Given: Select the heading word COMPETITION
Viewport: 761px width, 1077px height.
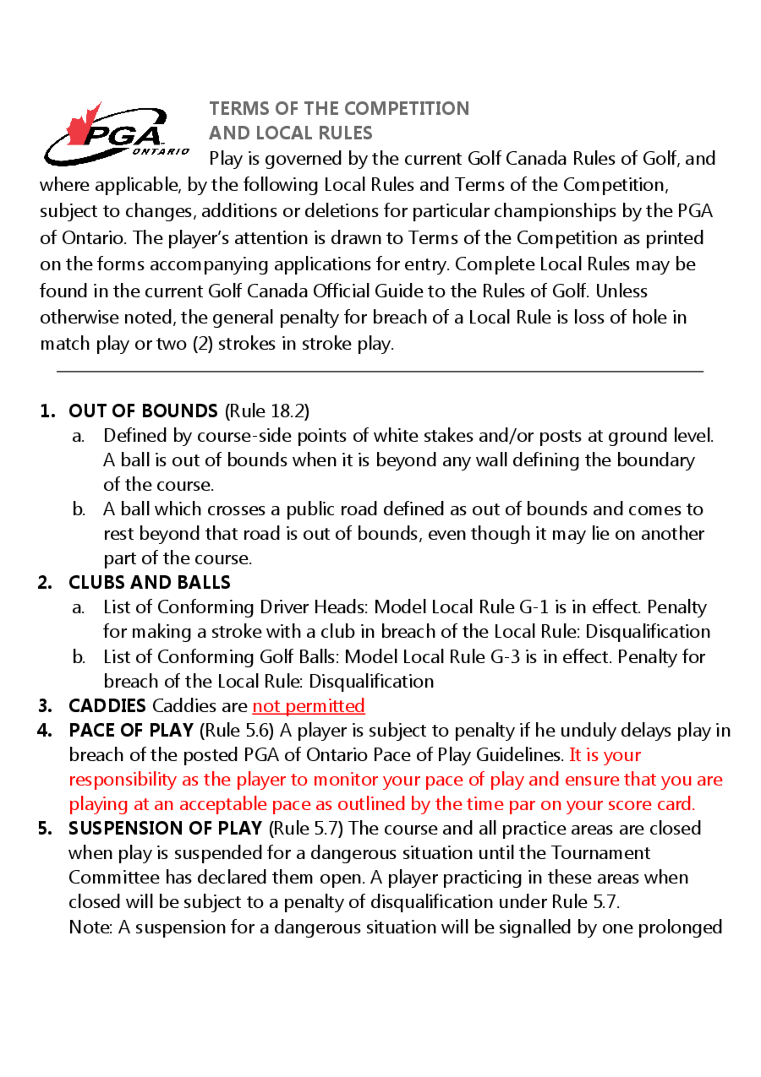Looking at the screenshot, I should (406, 109).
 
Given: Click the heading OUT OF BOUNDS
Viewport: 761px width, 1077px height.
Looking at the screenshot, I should (143, 411).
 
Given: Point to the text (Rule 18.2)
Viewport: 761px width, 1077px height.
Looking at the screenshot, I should (267, 411).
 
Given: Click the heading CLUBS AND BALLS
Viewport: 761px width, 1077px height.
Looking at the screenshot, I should (149, 582).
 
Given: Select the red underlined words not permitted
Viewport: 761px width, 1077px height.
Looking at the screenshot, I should (309, 706).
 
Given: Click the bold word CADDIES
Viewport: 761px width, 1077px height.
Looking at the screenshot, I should (107, 706).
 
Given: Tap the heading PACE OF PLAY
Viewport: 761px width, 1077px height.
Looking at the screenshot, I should (131, 730).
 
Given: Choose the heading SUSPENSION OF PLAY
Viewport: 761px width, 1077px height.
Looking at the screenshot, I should (165, 828).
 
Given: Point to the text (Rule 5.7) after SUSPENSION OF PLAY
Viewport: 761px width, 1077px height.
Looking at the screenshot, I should (306, 828).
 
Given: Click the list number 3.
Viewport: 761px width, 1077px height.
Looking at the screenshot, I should (45, 706).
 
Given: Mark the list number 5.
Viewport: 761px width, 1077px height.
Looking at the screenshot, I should (45, 828).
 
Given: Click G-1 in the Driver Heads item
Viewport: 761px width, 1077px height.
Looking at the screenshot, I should (534, 607).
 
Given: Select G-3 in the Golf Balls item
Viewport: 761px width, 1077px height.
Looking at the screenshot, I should (505, 657).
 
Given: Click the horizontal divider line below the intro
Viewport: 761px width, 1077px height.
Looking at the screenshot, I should (380, 371).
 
